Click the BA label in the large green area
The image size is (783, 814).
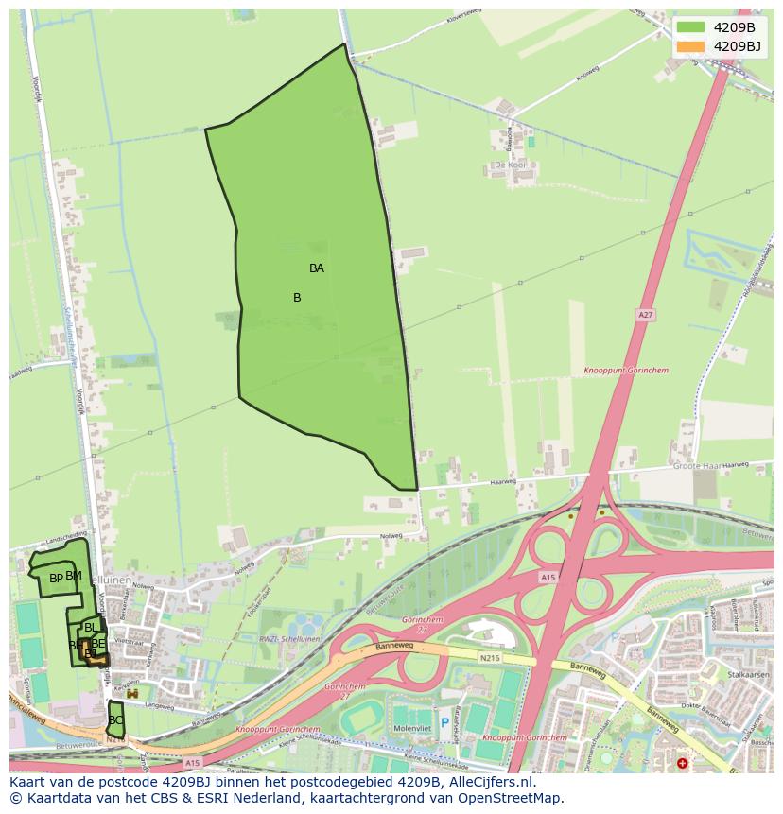click(317, 268)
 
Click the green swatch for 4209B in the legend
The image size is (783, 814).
click(690, 27)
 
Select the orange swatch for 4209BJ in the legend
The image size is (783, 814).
click(690, 46)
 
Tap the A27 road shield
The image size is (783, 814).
click(646, 315)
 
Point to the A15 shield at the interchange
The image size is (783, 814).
click(548, 577)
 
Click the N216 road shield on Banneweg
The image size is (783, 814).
click(489, 657)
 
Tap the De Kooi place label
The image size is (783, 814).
click(510, 165)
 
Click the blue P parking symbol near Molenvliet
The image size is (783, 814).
click(444, 723)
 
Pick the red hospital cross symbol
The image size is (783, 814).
click(683, 763)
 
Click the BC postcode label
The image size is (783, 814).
click(115, 720)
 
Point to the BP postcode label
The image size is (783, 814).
click(56, 579)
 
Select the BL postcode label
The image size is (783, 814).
click(90, 628)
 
